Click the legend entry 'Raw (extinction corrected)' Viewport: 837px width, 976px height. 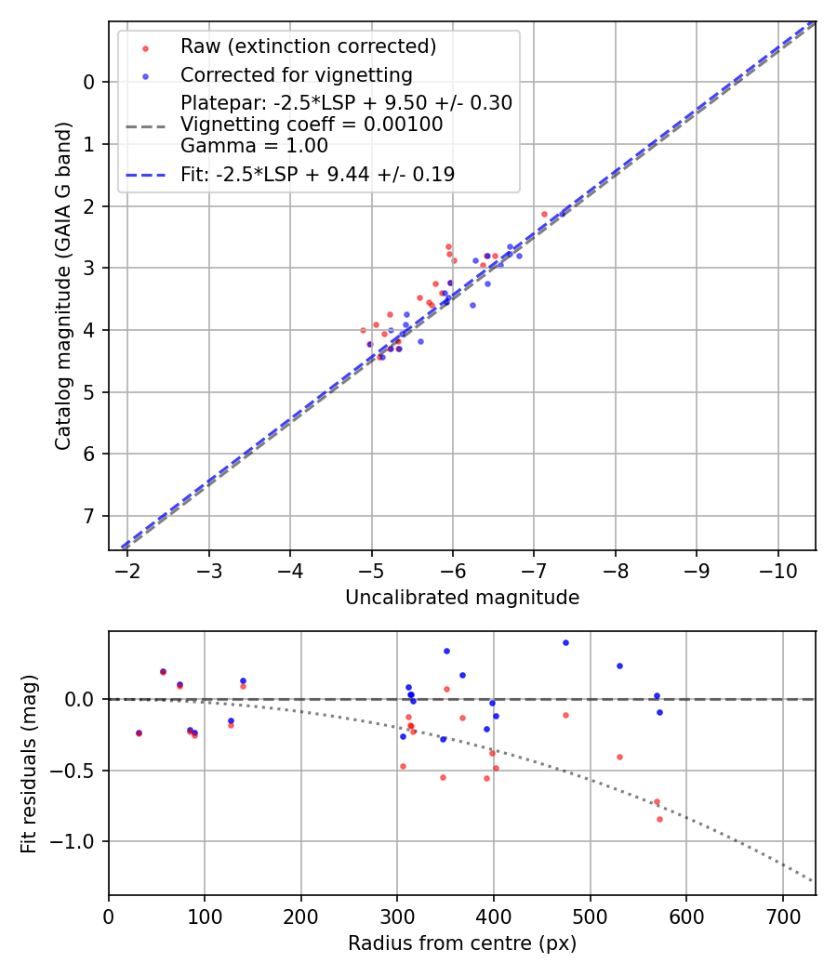tap(308, 46)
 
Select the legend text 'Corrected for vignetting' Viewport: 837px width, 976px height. tap(297, 74)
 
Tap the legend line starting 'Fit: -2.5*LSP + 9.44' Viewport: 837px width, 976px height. tap(317, 174)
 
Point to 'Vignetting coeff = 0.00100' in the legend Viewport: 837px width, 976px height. tap(312, 125)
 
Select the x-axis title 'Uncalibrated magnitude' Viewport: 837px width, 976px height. tap(462, 598)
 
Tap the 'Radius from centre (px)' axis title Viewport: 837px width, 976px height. tap(462, 943)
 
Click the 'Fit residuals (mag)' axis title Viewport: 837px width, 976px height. tap(29, 763)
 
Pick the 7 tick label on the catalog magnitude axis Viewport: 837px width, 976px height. tap(89, 516)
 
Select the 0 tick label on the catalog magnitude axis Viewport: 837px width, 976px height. tap(89, 82)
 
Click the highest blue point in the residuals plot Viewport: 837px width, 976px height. tap(565, 642)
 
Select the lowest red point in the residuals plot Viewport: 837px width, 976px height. tap(659, 819)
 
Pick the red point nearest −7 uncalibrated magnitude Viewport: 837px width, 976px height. tap(545, 214)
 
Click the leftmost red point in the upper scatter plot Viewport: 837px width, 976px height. tap(363, 330)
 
